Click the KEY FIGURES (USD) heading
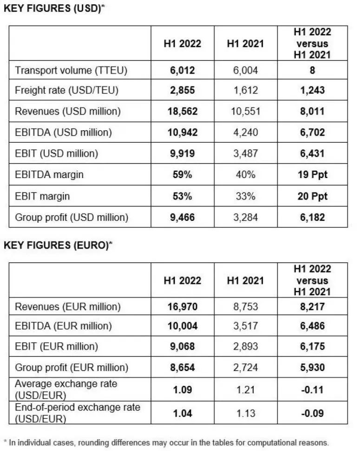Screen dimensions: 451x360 click(54, 9)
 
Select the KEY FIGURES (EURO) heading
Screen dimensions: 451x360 click(58, 245)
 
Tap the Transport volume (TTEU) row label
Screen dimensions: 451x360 click(71, 70)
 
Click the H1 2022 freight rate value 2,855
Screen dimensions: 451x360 click(183, 91)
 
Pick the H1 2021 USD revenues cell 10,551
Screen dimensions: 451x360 click(245, 112)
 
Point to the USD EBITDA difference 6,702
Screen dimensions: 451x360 click(312, 133)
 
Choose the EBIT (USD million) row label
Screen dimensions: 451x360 click(56, 154)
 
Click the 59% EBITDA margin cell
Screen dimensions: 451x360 click(183, 175)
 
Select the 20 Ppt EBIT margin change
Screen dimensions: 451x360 click(312, 196)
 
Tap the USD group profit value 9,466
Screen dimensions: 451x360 click(183, 217)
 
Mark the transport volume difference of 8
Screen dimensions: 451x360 click(312, 70)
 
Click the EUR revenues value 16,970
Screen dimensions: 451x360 click(183, 307)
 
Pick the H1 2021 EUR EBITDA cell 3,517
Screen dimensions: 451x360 click(245, 326)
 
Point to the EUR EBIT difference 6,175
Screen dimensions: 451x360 click(312, 346)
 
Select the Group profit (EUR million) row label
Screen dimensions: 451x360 click(72, 367)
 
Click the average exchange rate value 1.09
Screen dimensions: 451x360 click(183, 389)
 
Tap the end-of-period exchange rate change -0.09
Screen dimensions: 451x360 click(312, 413)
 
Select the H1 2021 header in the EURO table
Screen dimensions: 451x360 click(245, 280)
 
